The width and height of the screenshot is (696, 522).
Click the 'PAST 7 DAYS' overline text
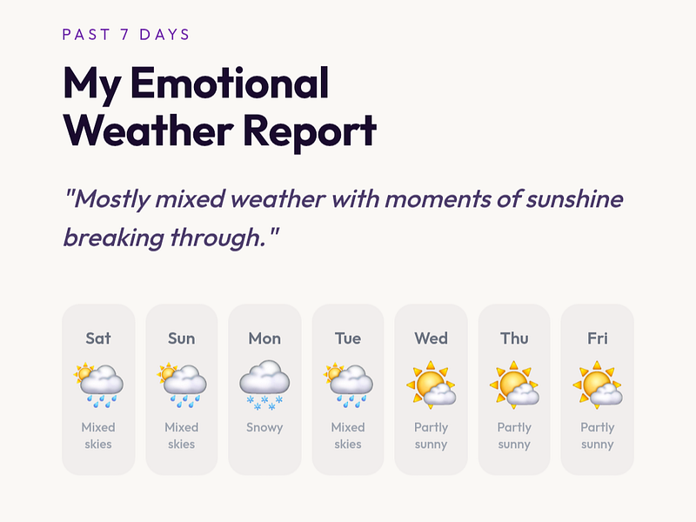pyautogui.click(x=126, y=35)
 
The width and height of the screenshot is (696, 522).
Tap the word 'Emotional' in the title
pyautogui.click(x=230, y=83)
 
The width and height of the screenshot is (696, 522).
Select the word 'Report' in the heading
pyautogui.click(x=310, y=131)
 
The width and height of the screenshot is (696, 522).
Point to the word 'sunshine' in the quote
pyautogui.click(x=574, y=199)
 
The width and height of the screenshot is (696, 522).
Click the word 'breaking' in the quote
pyautogui.click(x=114, y=238)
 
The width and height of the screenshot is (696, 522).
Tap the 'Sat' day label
pyautogui.click(x=98, y=338)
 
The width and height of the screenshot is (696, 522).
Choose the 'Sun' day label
pyautogui.click(x=181, y=338)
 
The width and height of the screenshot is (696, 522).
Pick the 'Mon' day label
pyautogui.click(x=264, y=338)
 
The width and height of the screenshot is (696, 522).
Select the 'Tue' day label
pyautogui.click(x=347, y=338)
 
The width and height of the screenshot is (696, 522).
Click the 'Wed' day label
pyautogui.click(x=431, y=338)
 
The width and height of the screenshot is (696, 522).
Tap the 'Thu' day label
pyautogui.click(x=514, y=338)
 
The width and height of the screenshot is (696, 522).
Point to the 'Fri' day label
pyautogui.click(x=598, y=338)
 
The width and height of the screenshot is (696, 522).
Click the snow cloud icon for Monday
pyautogui.click(x=264, y=385)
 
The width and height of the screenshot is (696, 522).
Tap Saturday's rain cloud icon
pyautogui.click(x=98, y=385)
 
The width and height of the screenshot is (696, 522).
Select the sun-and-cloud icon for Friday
pyautogui.click(x=598, y=385)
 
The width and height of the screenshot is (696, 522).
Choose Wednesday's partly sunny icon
pyautogui.click(x=431, y=385)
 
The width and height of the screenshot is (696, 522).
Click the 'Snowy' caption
pyautogui.click(x=264, y=427)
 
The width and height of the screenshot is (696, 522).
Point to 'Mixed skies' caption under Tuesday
pyautogui.click(x=347, y=436)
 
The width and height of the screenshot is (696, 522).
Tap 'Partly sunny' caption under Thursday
pyautogui.click(x=514, y=436)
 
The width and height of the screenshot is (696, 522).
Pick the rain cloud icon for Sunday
pyautogui.click(x=182, y=385)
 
